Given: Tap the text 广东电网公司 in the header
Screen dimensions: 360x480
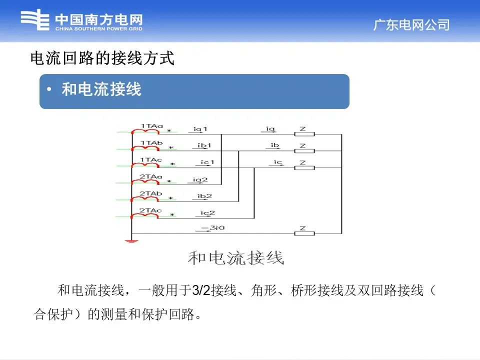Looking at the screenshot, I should click(x=411, y=24).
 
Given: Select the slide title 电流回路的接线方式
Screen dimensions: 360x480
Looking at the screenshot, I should click(x=102, y=59).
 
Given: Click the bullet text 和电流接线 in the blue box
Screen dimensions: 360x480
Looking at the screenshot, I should click(x=101, y=89).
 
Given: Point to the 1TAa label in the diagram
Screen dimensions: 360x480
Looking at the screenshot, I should click(x=151, y=125).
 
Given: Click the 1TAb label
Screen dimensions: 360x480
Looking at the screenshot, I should click(x=151, y=143).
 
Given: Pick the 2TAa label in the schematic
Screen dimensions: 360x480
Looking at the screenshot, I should click(x=151, y=176).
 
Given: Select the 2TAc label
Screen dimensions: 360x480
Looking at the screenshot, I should click(x=151, y=210).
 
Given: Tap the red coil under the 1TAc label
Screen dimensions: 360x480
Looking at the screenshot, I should click(x=145, y=165).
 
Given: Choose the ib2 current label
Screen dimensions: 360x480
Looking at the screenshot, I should click(x=204, y=196).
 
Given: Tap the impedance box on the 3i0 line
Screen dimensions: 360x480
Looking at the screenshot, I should click(x=303, y=234).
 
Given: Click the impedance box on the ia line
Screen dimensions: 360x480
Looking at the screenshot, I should click(x=303, y=134).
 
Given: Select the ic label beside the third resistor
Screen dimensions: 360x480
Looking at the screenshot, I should click(x=278, y=162).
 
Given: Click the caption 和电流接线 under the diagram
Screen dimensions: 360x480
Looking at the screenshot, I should click(x=235, y=258).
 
